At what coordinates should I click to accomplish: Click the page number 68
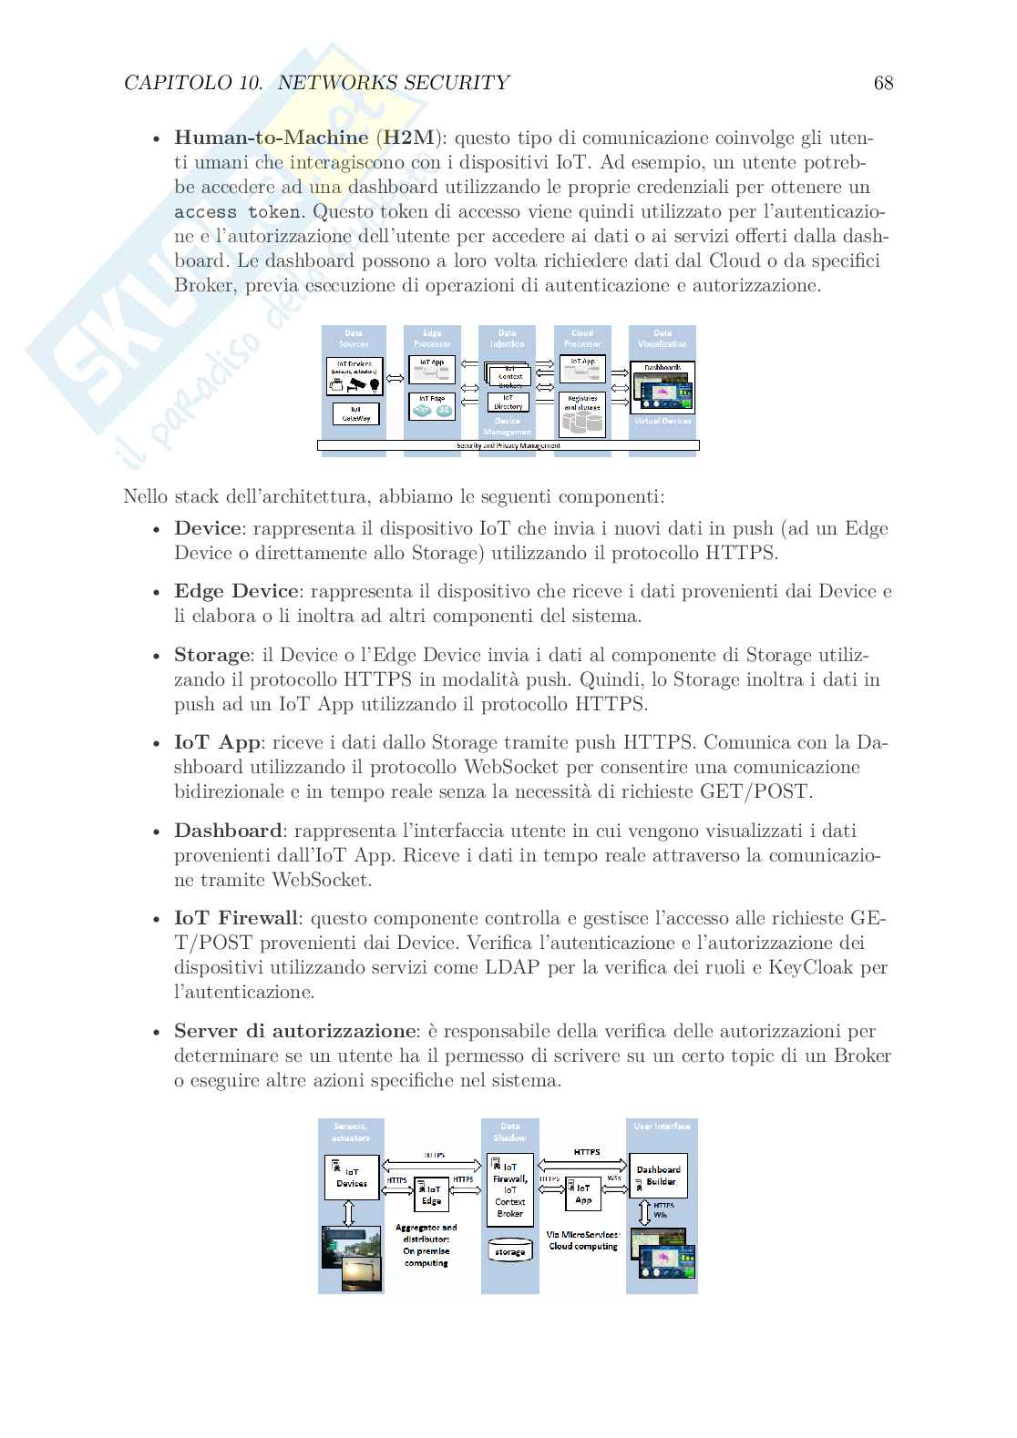click(883, 83)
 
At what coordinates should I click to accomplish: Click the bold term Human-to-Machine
click(271, 138)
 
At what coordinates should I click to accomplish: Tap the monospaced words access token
click(237, 212)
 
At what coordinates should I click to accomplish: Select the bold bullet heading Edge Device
click(236, 591)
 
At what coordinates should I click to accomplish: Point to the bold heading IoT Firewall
click(236, 918)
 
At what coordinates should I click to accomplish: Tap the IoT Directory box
click(508, 402)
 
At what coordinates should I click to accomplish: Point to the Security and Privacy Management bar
click(508, 445)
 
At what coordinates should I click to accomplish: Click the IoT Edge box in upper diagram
click(432, 405)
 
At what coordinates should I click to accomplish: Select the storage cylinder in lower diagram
click(509, 1249)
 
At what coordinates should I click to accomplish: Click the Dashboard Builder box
click(658, 1176)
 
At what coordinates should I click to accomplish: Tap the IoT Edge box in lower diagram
click(431, 1195)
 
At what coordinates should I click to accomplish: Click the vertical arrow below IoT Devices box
click(347, 1213)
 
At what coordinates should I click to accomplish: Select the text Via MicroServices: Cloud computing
click(583, 1240)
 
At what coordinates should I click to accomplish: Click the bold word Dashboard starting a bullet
click(228, 831)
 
